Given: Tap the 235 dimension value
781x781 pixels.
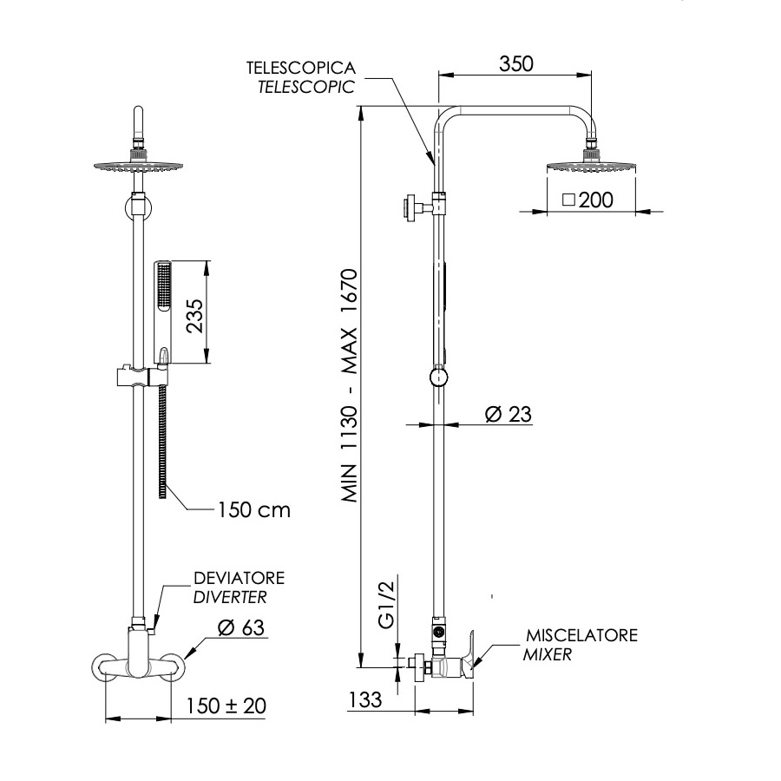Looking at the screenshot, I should [x=194, y=317].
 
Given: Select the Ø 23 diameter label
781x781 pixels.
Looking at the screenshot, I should [x=508, y=415].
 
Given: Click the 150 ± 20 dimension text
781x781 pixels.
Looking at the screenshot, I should [x=226, y=706].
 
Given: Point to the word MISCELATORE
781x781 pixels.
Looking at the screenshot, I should [x=581, y=636].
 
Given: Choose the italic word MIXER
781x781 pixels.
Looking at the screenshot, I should [x=548, y=655].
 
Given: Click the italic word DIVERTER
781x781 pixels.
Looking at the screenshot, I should [x=229, y=597].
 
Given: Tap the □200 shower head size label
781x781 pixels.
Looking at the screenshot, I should [x=587, y=200].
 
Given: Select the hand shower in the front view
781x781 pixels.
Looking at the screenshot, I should [x=162, y=308].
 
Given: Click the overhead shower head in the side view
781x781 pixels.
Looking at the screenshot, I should [x=593, y=164].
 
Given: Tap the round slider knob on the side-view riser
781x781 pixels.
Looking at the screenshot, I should [x=440, y=378].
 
